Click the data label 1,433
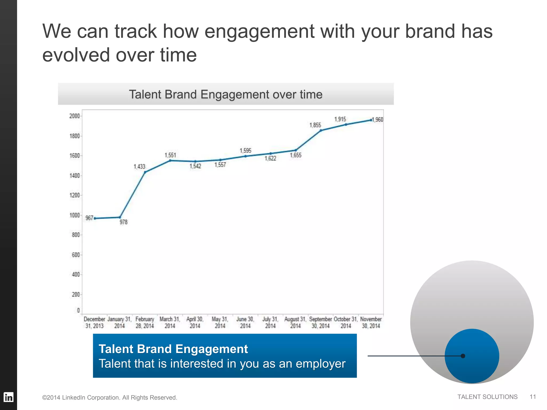(x=139, y=167)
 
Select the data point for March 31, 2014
(x=170, y=160)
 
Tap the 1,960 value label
(x=378, y=120)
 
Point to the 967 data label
(x=89, y=218)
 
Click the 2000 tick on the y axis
(x=75, y=116)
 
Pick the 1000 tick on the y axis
(x=75, y=215)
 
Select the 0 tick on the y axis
(x=78, y=310)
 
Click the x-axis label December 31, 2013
(x=94, y=322)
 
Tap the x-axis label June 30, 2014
(x=245, y=322)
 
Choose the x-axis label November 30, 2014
(x=371, y=322)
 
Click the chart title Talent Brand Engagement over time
(x=226, y=94)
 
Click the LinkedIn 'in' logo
(x=9, y=397)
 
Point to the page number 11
(x=533, y=397)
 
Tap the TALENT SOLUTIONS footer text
(x=487, y=397)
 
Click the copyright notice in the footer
(x=110, y=397)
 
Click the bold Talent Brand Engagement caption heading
(x=173, y=349)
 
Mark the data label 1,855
(x=315, y=125)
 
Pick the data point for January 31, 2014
(x=120, y=217)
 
